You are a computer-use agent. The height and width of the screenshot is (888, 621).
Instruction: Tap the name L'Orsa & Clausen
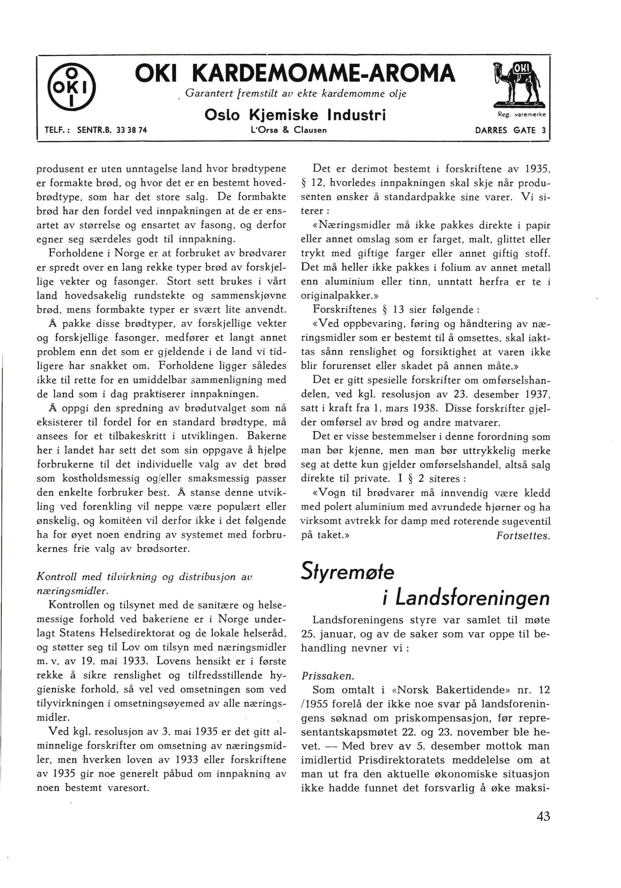point(289,130)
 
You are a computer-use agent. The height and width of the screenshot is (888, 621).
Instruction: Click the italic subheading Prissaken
point(327,676)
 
